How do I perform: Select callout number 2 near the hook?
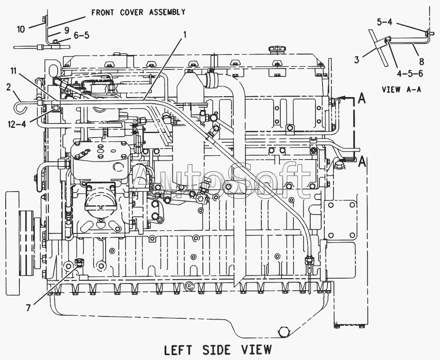point(8,87)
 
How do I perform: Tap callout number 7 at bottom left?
point(28,308)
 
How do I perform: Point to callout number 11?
point(14,71)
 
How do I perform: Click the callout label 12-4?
point(17,124)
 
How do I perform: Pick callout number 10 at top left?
point(21,29)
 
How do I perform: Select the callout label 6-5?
point(81,35)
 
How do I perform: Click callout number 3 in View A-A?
point(356,59)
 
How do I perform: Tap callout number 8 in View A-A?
point(422,61)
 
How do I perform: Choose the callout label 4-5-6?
point(410,73)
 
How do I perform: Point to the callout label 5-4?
point(385,22)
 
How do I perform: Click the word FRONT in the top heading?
point(103,12)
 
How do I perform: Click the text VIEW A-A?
point(402,89)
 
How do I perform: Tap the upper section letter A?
point(362,98)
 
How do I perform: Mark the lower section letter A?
point(362,161)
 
